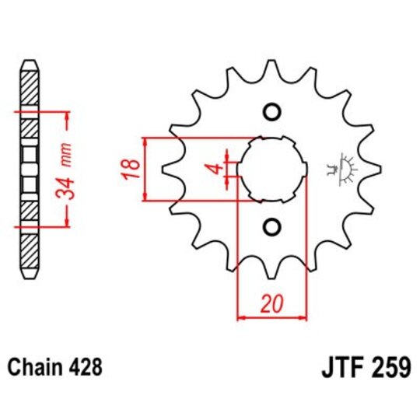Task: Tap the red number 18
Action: (x=131, y=168)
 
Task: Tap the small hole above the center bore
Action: (x=271, y=111)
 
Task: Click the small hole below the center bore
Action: (x=271, y=226)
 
